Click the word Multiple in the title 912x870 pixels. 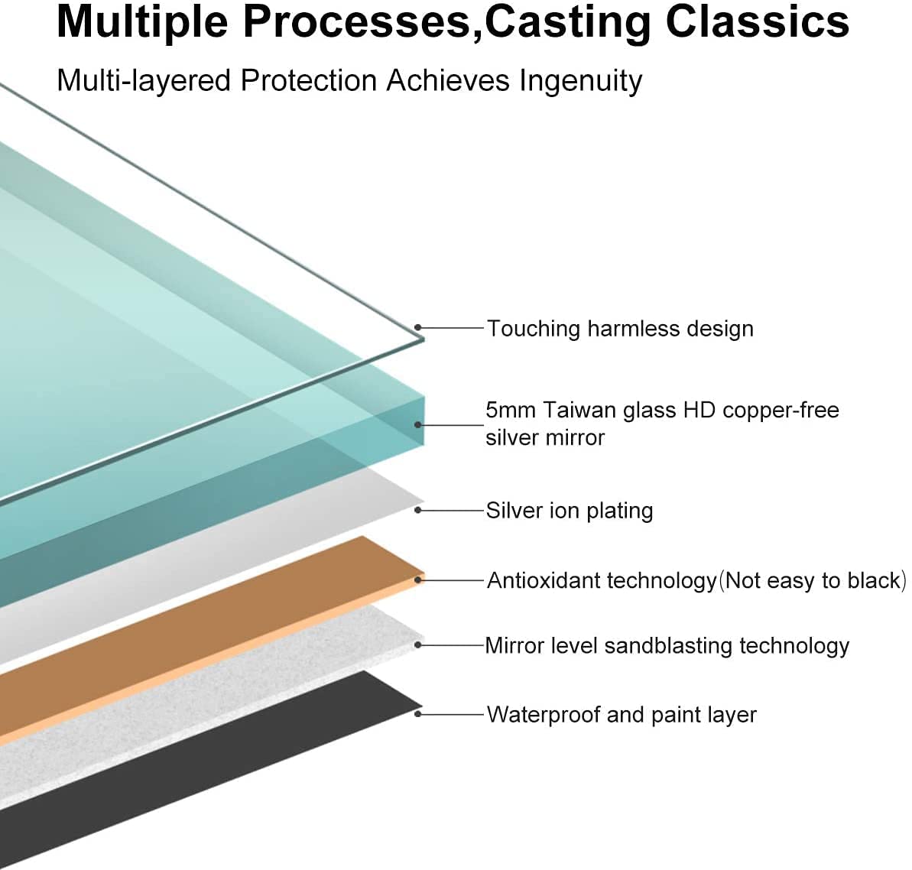pyautogui.click(x=142, y=21)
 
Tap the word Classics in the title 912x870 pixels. pyautogui.click(x=757, y=21)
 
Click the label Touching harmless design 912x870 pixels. pyautogui.click(x=620, y=329)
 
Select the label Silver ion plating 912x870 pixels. pyautogui.click(x=570, y=511)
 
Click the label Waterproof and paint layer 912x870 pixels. pyautogui.click(x=622, y=715)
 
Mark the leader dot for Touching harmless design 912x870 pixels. pyautogui.click(x=418, y=328)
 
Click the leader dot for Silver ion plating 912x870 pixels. pyautogui.click(x=418, y=510)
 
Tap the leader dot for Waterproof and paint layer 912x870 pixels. pyautogui.click(x=418, y=714)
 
